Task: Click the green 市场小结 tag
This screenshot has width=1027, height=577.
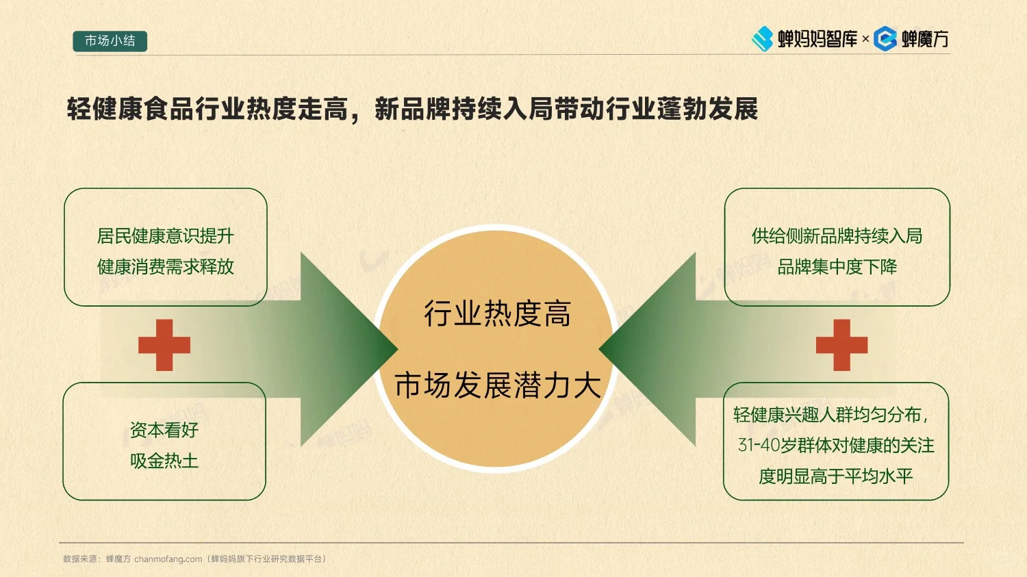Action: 110,41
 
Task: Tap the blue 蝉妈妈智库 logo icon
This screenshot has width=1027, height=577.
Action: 762,39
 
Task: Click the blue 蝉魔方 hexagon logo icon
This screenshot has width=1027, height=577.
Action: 885,39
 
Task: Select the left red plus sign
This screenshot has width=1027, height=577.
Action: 164,345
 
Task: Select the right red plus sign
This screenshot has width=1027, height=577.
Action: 841,345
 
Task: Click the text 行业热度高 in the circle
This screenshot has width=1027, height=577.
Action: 497,314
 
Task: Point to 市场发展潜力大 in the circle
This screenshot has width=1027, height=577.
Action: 497,385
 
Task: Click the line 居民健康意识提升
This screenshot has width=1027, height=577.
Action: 165,236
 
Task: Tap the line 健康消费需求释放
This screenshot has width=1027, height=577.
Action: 165,267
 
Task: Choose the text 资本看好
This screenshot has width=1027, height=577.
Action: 164,430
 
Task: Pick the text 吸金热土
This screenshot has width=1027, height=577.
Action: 164,461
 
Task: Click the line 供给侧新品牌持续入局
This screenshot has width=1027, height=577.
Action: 837,236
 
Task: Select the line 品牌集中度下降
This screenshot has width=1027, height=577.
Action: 837,267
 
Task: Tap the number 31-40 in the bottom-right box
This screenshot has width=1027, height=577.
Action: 759,446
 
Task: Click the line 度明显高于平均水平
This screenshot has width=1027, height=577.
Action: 835,476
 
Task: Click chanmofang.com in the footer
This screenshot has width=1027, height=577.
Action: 168,559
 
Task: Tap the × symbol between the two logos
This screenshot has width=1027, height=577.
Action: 865,39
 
